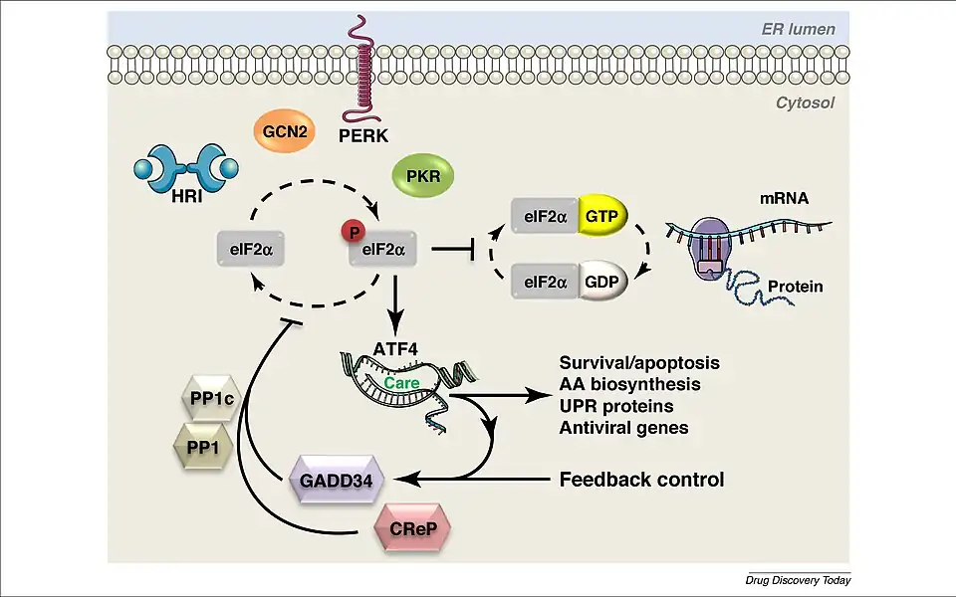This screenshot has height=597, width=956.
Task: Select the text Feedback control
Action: point(641,480)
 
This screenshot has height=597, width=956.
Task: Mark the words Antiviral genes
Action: point(623,429)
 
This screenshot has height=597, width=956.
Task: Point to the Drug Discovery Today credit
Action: point(798,580)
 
